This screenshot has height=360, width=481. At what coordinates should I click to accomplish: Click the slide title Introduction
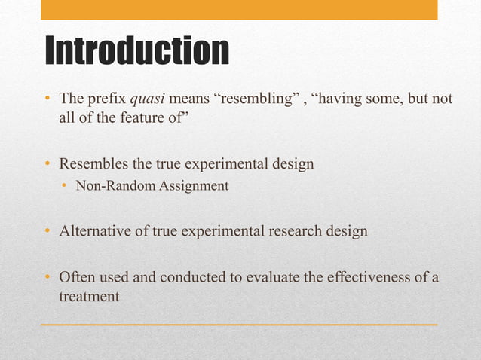[136, 51]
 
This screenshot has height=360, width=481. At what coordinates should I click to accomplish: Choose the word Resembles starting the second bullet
[94, 163]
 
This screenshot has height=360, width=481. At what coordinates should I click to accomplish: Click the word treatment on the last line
[89, 297]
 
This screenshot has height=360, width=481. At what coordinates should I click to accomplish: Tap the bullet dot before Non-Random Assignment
[65, 186]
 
